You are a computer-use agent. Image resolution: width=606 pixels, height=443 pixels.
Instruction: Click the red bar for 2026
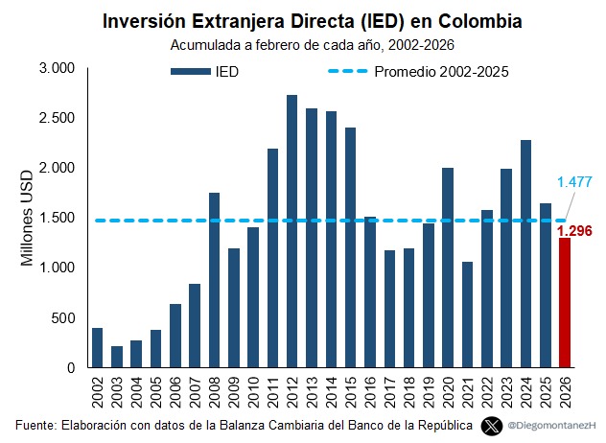point(564,303)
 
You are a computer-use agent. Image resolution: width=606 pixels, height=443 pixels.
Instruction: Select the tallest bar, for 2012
point(291,231)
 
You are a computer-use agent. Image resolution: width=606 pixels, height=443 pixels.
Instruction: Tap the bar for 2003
point(117,357)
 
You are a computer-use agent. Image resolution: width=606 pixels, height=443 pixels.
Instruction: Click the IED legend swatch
point(191,71)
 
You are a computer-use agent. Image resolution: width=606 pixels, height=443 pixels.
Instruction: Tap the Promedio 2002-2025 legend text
point(440,71)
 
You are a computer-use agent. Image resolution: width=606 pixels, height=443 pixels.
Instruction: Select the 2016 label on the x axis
point(369,391)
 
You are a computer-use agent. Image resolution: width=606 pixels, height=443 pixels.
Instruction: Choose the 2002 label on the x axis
point(98,391)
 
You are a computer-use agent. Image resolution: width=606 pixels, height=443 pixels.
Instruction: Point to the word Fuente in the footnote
point(36,424)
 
